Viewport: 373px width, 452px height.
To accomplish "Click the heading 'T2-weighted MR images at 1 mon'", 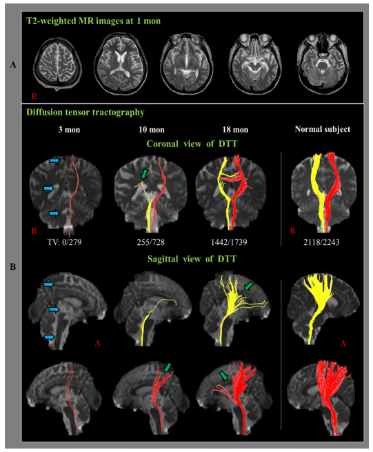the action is [93, 21].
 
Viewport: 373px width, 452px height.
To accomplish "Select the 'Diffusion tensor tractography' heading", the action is [85, 112].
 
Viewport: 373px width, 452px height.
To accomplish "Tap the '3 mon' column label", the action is [69, 130].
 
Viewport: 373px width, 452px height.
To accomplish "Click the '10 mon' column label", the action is [152, 130].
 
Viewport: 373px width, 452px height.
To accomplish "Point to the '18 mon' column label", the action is [235, 130].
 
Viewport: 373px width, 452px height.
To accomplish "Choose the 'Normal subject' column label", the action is [322, 129].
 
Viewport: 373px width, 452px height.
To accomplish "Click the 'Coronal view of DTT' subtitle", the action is [192, 144].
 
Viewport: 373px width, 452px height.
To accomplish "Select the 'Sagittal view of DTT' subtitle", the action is [192, 259].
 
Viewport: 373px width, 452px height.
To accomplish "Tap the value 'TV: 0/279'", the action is [65, 242].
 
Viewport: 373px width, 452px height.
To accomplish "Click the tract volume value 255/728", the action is [150, 242].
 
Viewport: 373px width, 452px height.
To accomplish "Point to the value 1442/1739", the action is [229, 242].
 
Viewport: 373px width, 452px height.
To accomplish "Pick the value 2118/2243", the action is [321, 242].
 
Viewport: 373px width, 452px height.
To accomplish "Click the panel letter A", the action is [13, 65].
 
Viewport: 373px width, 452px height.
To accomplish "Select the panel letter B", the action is [13, 267].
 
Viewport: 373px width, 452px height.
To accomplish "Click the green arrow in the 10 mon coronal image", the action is [145, 174].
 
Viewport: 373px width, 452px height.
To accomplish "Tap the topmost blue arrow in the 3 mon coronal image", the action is [54, 160].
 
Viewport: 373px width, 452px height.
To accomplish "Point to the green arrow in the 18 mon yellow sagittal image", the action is [249, 286].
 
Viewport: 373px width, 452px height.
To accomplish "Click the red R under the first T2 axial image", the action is [34, 97].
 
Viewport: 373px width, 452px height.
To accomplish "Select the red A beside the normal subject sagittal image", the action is [343, 344].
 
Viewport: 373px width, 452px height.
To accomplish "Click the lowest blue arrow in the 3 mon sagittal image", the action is [49, 337].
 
